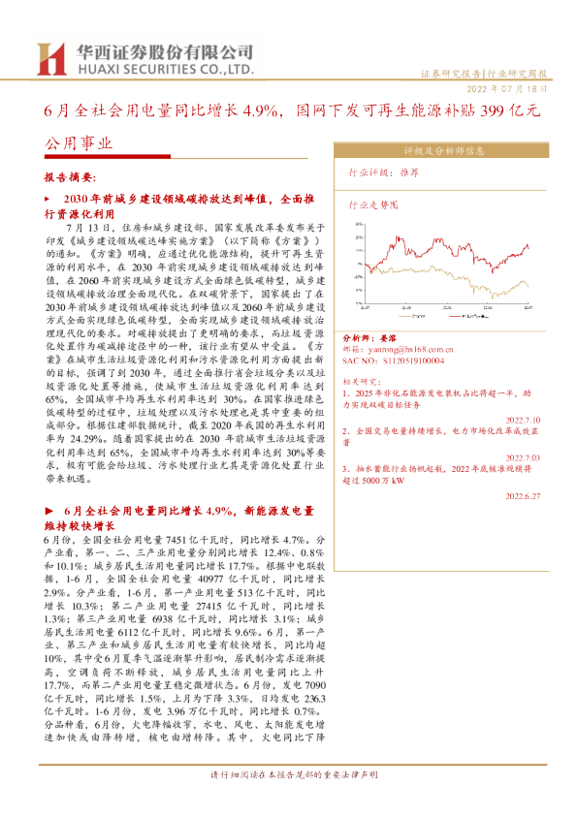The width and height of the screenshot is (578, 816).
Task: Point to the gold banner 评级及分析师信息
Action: click(x=444, y=151)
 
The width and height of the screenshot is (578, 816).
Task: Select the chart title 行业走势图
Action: click(x=373, y=206)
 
